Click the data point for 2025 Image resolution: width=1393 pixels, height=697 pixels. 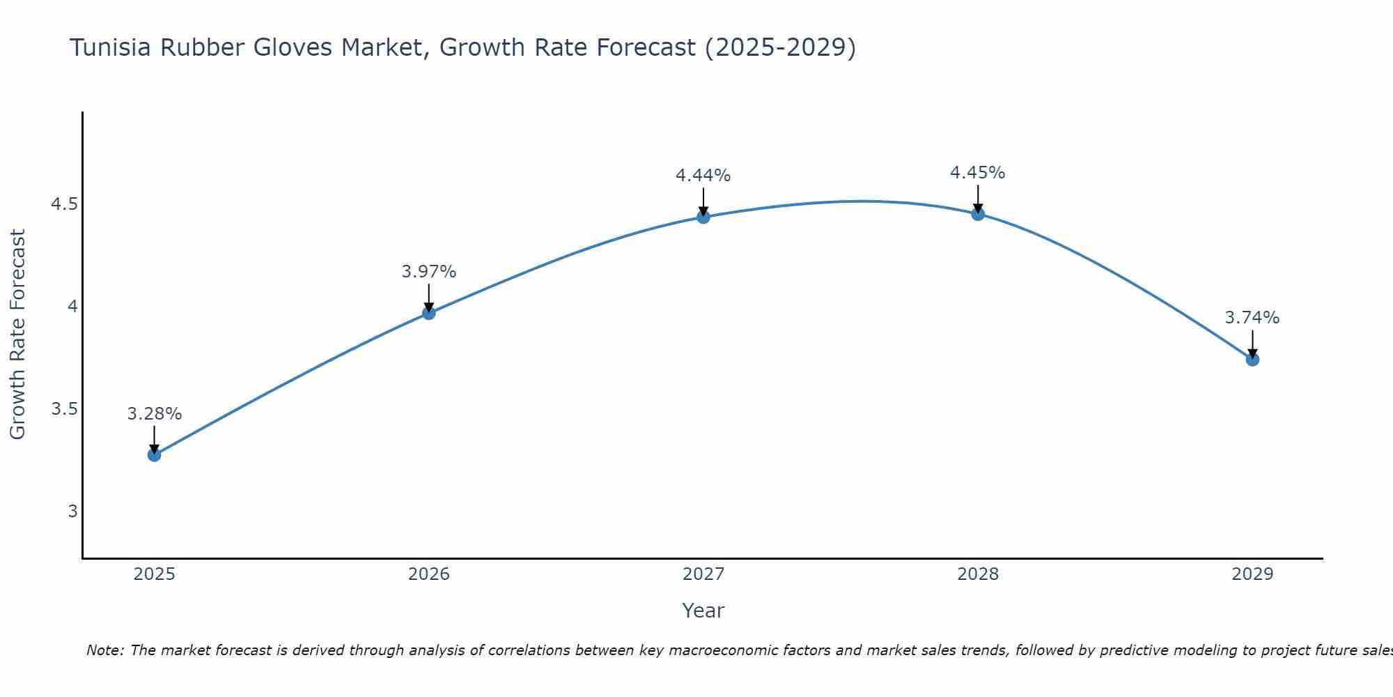pos(154,455)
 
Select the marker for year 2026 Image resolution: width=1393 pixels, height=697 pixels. pos(428,313)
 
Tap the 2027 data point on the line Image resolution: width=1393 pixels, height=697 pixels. pos(703,217)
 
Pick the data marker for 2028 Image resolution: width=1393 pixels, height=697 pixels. pos(978,214)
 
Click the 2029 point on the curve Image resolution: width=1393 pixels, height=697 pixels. pos(1252,360)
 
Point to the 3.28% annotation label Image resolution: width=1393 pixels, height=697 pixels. pos(154,414)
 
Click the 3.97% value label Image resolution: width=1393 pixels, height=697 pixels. pos(428,272)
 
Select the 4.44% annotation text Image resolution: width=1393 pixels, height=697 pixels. pos(703,176)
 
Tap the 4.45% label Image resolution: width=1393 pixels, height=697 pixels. pos(978,173)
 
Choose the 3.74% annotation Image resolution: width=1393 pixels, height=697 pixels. pos(1252,318)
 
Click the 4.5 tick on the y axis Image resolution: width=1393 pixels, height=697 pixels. pos(64,204)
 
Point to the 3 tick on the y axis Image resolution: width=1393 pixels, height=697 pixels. pos(72,512)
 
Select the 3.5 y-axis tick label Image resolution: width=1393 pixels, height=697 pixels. pos(64,409)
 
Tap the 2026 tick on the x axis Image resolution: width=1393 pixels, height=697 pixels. pos(428,574)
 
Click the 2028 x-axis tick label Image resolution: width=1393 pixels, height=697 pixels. pos(978,574)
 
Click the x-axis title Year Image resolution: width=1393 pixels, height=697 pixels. pos(703,611)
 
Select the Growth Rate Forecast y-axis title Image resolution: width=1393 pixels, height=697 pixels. pos(17,335)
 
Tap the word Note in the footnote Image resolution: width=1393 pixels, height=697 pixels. pos(104,650)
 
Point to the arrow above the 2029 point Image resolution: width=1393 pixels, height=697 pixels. pos(1252,343)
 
